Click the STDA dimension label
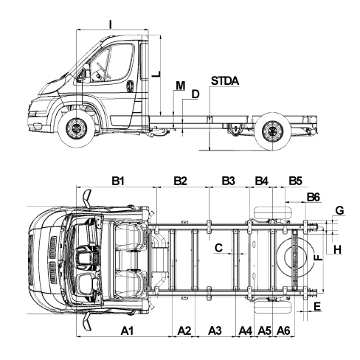pos(225,81)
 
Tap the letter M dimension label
pos(181,86)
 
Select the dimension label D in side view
pos(195,94)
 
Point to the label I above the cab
pos(111,24)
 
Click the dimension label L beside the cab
pos(156,75)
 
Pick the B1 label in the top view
pos(118,181)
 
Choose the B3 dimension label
pos(229,181)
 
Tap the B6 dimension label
pos(314,197)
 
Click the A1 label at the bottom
pos(127,330)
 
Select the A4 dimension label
pos(246,330)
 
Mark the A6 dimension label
pos(283,330)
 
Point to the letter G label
pos(339,211)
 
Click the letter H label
pos(338,250)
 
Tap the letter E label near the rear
pos(317,307)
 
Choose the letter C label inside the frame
pos(218,248)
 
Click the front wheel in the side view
pos(77,129)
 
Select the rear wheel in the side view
pos(272,131)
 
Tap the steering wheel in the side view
pos(103,71)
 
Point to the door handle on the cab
pos(130,86)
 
